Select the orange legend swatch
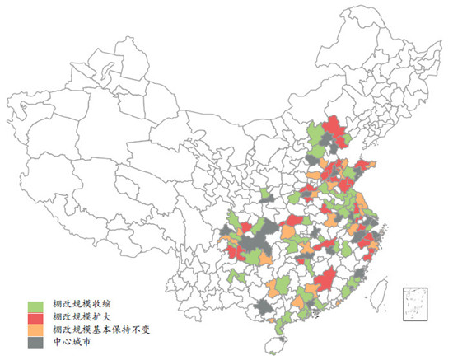pyautogui.click(x=36, y=329)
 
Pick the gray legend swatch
pyautogui.click(x=36, y=340)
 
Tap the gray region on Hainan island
pyautogui.click(x=278, y=339)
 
